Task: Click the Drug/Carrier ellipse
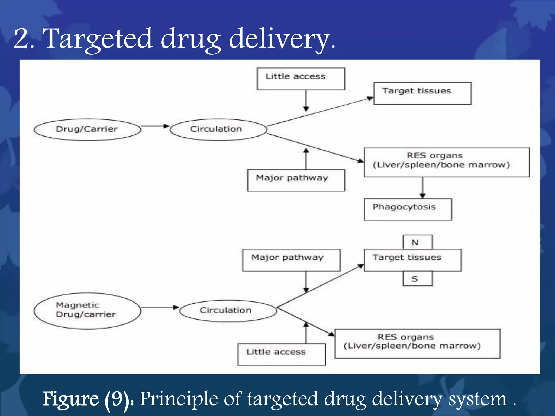pos(87,129)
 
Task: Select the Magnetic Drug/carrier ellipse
pos(87,311)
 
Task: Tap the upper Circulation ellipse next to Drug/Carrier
pos(218,129)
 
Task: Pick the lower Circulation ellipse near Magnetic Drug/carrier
pos(228,311)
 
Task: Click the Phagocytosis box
pos(408,209)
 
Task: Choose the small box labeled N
pos(417,242)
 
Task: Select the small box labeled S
pos(417,279)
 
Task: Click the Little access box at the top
pos(301,79)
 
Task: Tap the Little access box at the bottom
pos(282,354)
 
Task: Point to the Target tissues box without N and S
pos(422,93)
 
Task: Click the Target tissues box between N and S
pos(412,260)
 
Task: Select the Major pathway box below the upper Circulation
pos(296,180)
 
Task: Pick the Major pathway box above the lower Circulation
pos(291,260)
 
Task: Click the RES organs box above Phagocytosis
pos(446,162)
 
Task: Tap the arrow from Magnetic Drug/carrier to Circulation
pos(160,307)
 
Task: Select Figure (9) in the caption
pos(86,399)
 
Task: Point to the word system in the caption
pos(477,399)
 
